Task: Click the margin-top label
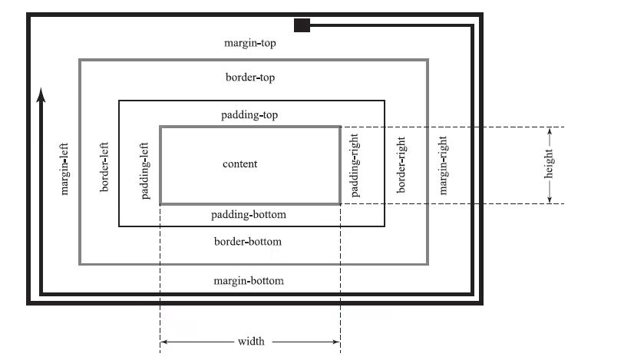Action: pyautogui.click(x=250, y=43)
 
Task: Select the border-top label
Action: pyautogui.click(x=250, y=78)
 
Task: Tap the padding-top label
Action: pyautogui.click(x=249, y=115)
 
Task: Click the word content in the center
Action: pyautogui.click(x=240, y=163)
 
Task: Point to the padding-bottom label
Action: pyautogui.click(x=248, y=214)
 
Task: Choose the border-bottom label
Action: pyautogui.click(x=248, y=242)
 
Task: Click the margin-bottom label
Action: pyautogui.click(x=248, y=281)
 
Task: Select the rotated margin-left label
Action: pyautogui.click(x=65, y=167)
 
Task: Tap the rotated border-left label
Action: pyautogui.click(x=105, y=167)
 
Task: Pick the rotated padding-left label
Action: pyautogui.click(x=146, y=170)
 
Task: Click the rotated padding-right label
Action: pyautogui.click(x=355, y=165)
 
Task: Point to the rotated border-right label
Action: pyautogui.click(x=401, y=165)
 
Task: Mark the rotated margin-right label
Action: pyautogui.click(x=443, y=165)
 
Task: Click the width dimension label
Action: pyautogui.click(x=251, y=342)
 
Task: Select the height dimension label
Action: pyautogui.click(x=549, y=165)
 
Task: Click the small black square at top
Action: pyautogui.click(x=302, y=25)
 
